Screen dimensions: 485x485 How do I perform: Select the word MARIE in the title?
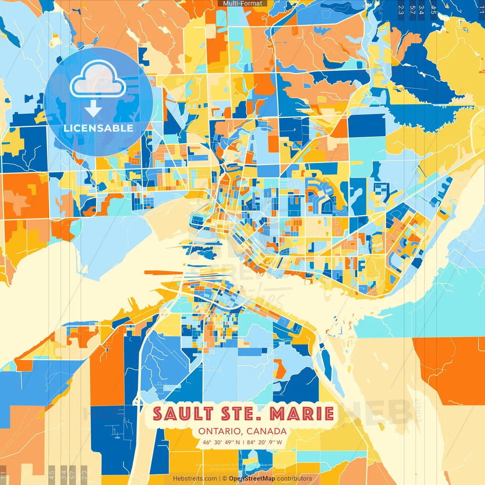tap(302, 414)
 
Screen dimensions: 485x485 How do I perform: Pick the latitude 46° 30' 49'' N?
tap(221, 442)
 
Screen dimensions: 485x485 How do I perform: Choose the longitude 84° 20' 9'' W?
tap(264, 442)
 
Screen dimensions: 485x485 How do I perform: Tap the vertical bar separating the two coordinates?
tap(243, 442)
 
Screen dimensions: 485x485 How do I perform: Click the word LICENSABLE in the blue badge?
tap(99, 128)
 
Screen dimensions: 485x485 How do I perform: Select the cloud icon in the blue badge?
tap(98, 79)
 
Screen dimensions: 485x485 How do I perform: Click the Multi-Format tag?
tap(242, 3)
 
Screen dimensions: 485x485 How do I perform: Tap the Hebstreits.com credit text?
tap(195, 479)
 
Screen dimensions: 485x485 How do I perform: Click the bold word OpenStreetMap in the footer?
tap(252, 479)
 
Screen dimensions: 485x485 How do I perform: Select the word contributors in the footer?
tap(294, 479)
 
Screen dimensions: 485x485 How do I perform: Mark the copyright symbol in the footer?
tap(225, 479)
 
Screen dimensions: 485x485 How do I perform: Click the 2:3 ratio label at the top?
tap(401, 10)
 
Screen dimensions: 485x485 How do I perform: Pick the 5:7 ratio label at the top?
tap(412, 10)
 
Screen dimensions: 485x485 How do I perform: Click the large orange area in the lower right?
tap(451, 368)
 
